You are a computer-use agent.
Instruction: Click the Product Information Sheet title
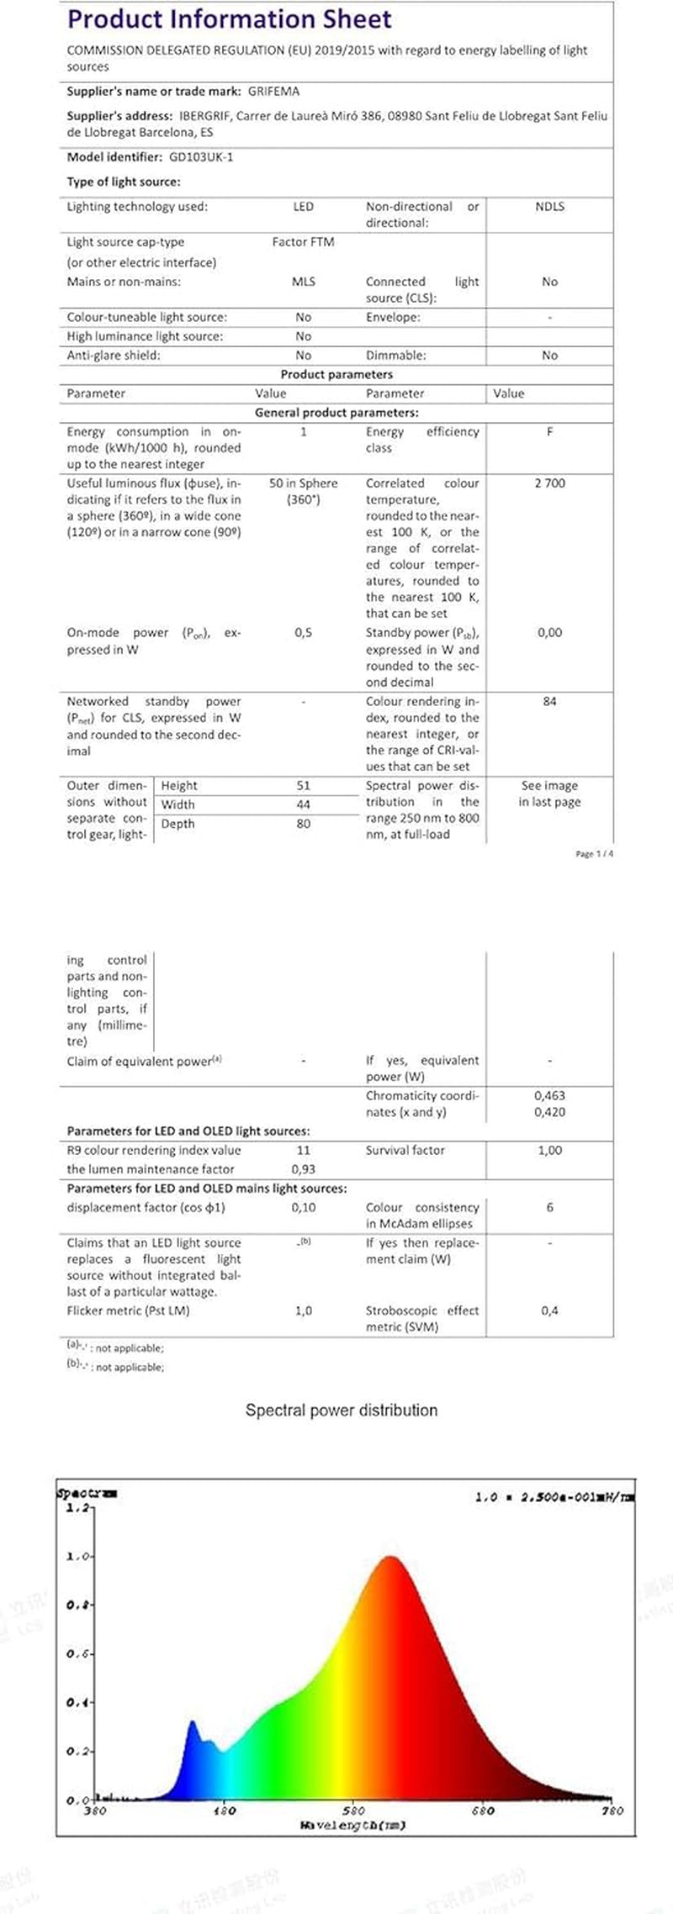(x=229, y=19)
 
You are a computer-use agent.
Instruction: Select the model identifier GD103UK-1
(x=201, y=157)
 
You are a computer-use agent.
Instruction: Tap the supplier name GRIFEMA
(x=274, y=92)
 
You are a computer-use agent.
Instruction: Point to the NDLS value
(x=549, y=207)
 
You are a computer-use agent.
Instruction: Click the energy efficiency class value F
(x=549, y=432)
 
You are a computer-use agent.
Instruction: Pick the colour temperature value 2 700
(x=549, y=483)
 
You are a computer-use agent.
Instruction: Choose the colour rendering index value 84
(x=549, y=702)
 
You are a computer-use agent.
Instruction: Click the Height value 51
(x=303, y=786)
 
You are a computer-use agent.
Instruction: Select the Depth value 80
(x=303, y=824)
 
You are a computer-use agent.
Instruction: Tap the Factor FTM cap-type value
(x=303, y=242)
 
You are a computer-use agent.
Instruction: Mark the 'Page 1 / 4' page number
(x=594, y=854)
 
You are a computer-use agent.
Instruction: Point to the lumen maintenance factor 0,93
(x=303, y=1169)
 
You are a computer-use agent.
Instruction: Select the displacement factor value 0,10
(x=303, y=1208)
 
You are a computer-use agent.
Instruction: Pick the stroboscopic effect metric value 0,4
(x=549, y=1310)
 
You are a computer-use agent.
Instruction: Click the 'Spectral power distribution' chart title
(x=341, y=1410)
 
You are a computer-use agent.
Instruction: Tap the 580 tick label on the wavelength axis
(x=353, y=1811)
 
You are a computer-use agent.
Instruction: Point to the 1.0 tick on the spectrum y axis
(x=77, y=1557)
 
